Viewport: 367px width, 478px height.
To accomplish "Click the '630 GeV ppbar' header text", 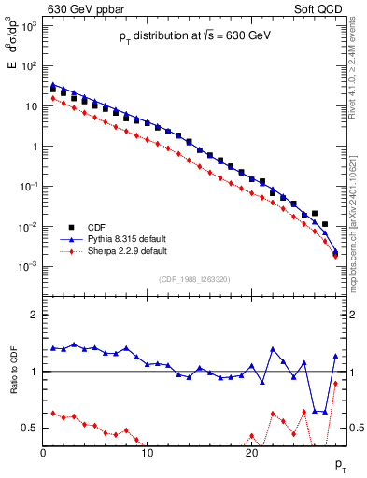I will pyautogui.click(x=85, y=9).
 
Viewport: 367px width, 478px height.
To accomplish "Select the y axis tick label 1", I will pyautogui.click(x=33, y=147).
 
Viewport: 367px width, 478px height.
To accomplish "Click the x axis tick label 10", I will pyautogui.click(x=147, y=453).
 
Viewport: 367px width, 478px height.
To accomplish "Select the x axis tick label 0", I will pyautogui.click(x=43, y=453).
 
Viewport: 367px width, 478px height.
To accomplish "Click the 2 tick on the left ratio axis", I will pyautogui.click(x=33, y=315).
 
